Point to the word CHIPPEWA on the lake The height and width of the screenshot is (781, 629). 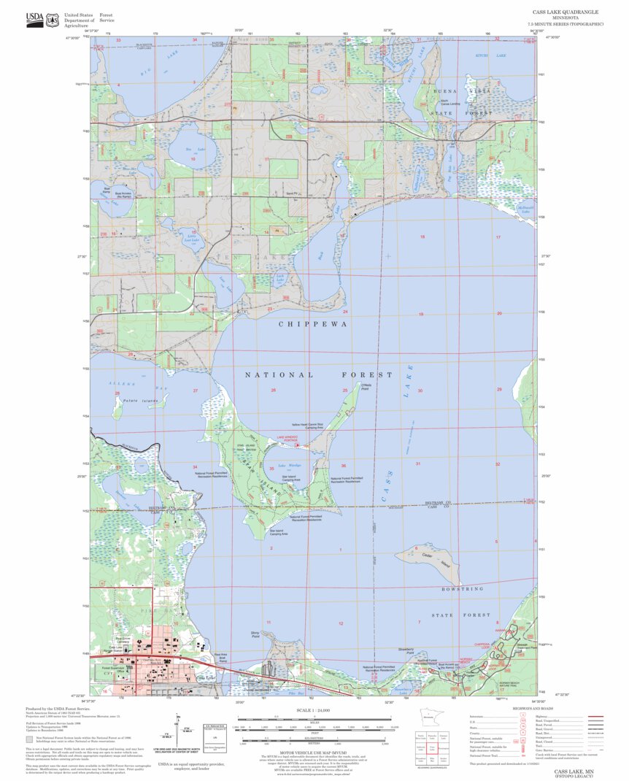[x=311, y=323]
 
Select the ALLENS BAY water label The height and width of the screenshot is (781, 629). [x=123, y=384]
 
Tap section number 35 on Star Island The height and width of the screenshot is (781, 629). [x=271, y=469]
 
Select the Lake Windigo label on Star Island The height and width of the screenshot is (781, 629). [x=285, y=465]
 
